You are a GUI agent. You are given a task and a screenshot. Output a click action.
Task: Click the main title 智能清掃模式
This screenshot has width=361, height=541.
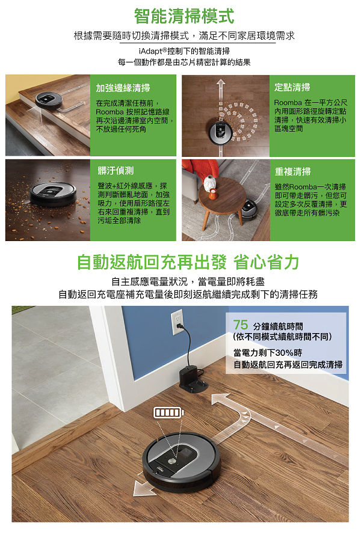click(184, 16)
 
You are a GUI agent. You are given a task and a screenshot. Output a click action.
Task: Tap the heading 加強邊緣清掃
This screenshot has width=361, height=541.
click(123, 88)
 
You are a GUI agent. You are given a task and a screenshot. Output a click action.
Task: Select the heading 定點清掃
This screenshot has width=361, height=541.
click(292, 87)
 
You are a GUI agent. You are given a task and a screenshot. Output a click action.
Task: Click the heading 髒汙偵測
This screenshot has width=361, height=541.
click(116, 171)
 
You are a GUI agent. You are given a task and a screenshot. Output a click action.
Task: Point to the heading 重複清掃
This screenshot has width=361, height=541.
click(292, 171)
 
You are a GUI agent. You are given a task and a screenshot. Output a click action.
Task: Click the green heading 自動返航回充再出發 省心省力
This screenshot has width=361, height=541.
click(188, 262)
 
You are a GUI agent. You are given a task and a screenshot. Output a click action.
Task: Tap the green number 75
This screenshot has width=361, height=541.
click(241, 325)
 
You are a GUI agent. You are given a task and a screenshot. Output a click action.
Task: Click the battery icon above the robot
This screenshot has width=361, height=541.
click(168, 412)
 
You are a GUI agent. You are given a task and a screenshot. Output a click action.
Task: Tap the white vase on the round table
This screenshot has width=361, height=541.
click(210, 183)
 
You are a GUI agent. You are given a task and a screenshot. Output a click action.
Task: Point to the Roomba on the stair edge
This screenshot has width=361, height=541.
click(49, 100)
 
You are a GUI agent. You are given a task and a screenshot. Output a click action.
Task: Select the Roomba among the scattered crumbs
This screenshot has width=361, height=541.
click(53, 194)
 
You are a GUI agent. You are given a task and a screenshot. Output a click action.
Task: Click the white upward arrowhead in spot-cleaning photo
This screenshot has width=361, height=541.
click(221, 83)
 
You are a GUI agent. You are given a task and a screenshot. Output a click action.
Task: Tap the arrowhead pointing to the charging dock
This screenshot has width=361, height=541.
click(220, 399)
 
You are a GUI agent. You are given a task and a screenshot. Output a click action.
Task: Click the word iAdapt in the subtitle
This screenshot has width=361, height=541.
click(150, 52)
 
